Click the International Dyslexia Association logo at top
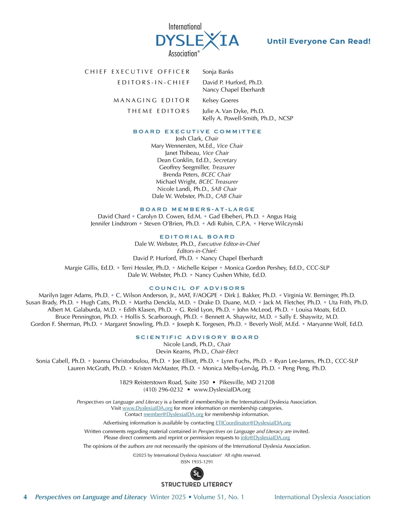[x=197, y=40]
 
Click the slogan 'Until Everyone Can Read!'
[x=318, y=41]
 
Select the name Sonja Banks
[x=218, y=72]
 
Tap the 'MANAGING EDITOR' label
[x=152, y=100]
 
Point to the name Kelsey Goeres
[x=220, y=100]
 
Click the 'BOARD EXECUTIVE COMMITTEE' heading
[x=197, y=131]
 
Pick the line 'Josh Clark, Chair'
[x=197, y=139]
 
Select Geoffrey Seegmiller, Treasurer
[x=197, y=167]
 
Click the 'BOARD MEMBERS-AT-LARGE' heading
[x=197, y=209]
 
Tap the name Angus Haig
[x=281, y=217]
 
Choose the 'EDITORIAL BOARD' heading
[x=197, y=237]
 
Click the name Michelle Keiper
[x=197, y=268]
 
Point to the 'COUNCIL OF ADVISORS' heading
[x=197, y=288]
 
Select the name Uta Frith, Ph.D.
[x=348, y=303]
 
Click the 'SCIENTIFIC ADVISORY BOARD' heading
[x=197, y=337]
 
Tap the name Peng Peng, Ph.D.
[x=304, y=368]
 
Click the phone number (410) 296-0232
[x=163, y=390]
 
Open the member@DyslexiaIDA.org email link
[x=173, y=414]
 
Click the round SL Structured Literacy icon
[x=197, y=474]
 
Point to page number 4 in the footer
[x=25, y=497]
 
